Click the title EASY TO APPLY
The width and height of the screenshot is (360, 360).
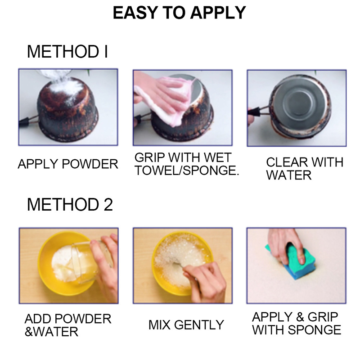pos(179,13)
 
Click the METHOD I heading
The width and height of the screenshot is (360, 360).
pos(67,51)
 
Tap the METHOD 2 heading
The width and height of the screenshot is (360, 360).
pos(70,204)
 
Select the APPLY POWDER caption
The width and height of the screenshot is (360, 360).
pos(68,164)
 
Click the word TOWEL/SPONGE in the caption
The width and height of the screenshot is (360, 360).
pos(187,171)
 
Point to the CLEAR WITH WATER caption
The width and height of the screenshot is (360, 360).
pos(305,169)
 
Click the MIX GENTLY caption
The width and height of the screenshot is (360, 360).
pos(186,325)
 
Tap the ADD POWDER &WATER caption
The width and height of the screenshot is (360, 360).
pos(68,325)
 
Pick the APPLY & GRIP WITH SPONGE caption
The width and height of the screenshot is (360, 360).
pos(297,323)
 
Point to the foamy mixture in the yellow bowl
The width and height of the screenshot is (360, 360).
pos(180,260)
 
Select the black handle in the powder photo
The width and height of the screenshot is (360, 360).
pos(25,121)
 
